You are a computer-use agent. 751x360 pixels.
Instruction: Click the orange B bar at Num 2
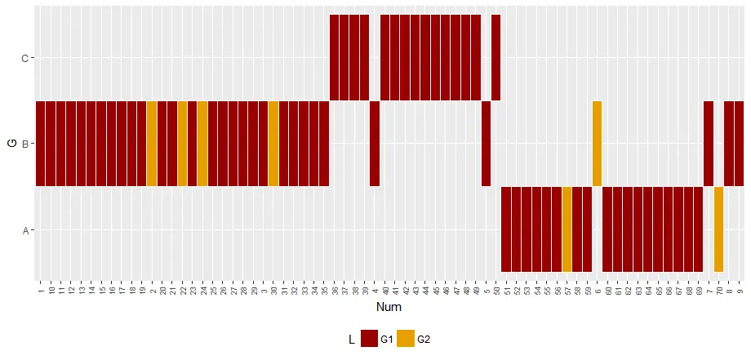click(x=152, y=144)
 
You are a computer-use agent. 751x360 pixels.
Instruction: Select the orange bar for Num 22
click(x=182, y=144)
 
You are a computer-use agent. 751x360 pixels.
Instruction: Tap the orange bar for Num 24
click(x=202, y=144)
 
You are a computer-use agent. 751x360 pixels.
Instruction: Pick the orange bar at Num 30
click(x=273, y=144)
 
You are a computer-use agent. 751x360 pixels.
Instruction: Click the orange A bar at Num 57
click(x=567, y=229)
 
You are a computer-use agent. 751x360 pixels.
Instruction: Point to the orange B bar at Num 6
click(x=597, y=144)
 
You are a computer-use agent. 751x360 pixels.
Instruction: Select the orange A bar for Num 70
click(x=718, y=229)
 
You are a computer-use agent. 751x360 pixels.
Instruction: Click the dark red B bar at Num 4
click(x=375, y=144)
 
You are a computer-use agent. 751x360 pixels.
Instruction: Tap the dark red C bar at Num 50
click(x=495, y=57)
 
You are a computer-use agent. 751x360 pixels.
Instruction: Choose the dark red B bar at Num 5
click(x=486, y=144)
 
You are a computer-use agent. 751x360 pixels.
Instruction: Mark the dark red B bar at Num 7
click(x=709, y=144)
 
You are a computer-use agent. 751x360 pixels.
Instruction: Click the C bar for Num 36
click(x=334, y=57)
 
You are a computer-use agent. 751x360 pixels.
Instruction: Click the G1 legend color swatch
click(x=369, y=339)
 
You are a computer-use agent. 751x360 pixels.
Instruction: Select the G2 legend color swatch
click(x=406, y=339)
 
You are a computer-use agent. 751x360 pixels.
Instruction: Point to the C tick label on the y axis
click(x=24, y=58)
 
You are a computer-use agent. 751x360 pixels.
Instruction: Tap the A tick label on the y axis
click(x=24, y=230)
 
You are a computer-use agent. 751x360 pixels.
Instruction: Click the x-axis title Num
click(x=388, y=308)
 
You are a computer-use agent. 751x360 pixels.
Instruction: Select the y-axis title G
click(x=11, y=144)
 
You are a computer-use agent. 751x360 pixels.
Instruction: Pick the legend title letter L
click(x=351, y=339)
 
